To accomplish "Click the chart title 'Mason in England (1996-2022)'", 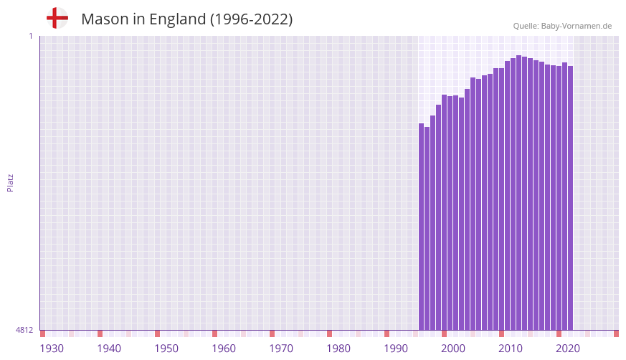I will point(186,19).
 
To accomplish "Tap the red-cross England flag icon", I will point(57,18).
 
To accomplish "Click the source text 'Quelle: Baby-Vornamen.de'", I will point(562,26).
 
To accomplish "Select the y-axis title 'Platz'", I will point(10,182).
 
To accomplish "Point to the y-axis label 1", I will point(31,36).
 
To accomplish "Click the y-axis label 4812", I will point(24,330).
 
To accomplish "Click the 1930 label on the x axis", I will point(52,349).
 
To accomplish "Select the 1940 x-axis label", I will point(109,349).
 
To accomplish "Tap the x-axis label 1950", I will point(166,349).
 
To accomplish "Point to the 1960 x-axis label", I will point(224,349).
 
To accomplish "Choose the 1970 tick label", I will point(281,349).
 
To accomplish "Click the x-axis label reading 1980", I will point(338,349).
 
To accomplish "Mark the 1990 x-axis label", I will point(396,349).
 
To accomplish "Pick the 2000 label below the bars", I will point(453,349).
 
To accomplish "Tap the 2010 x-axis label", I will point(511,349).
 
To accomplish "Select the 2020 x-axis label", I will point(568,349).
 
